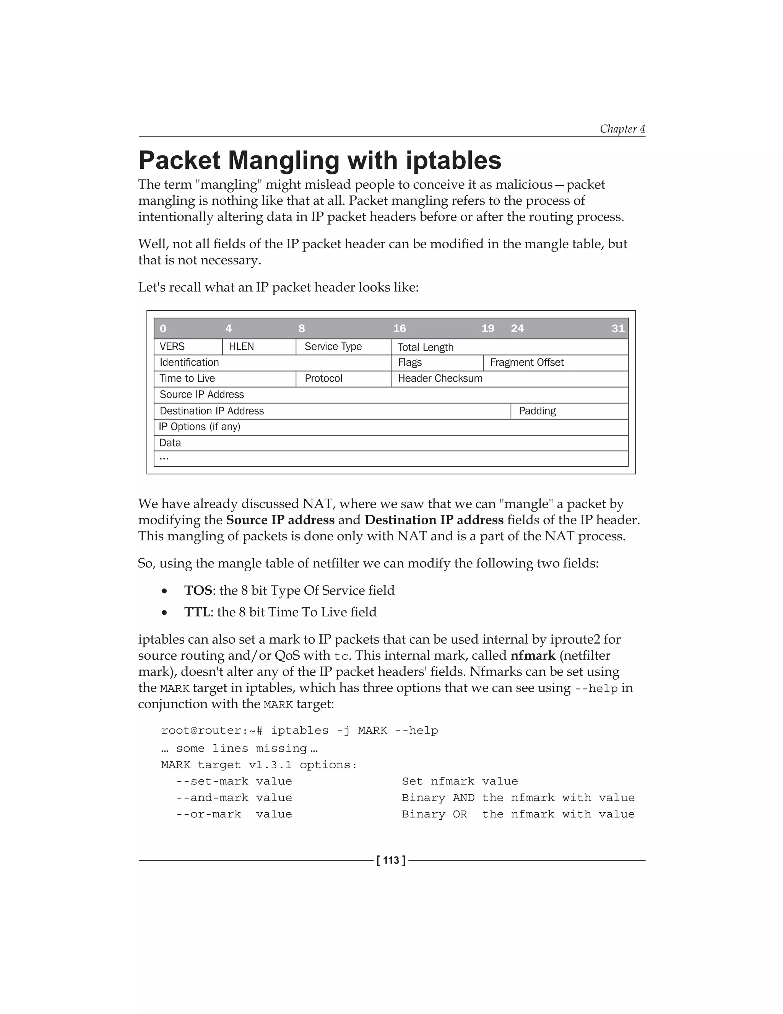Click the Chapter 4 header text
click(622, 129)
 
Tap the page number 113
click(391, 860)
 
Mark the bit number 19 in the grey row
click(487, 329)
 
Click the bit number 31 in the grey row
click(617, 329)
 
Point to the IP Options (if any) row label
click(200, 427)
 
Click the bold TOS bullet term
click(198, 590)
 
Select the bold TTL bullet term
click(197, 612)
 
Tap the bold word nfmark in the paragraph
click(533, 655)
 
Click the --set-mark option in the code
click(212, 781)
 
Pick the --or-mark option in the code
click(208, 814)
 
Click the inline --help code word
click(596, 688)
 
